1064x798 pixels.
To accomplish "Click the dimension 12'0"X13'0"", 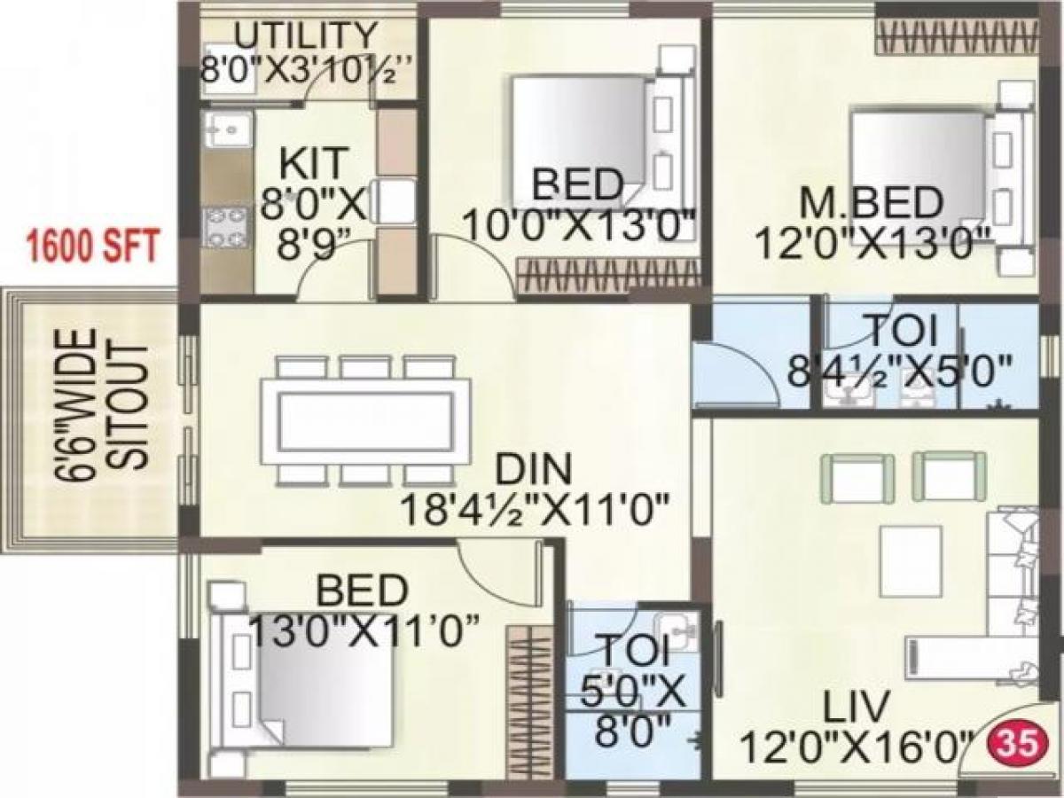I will [871, 241].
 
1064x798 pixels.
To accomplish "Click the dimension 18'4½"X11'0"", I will [534, 510].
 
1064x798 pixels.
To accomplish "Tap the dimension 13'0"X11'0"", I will [364, 631].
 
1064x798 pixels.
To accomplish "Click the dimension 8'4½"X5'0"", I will [900, 369].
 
